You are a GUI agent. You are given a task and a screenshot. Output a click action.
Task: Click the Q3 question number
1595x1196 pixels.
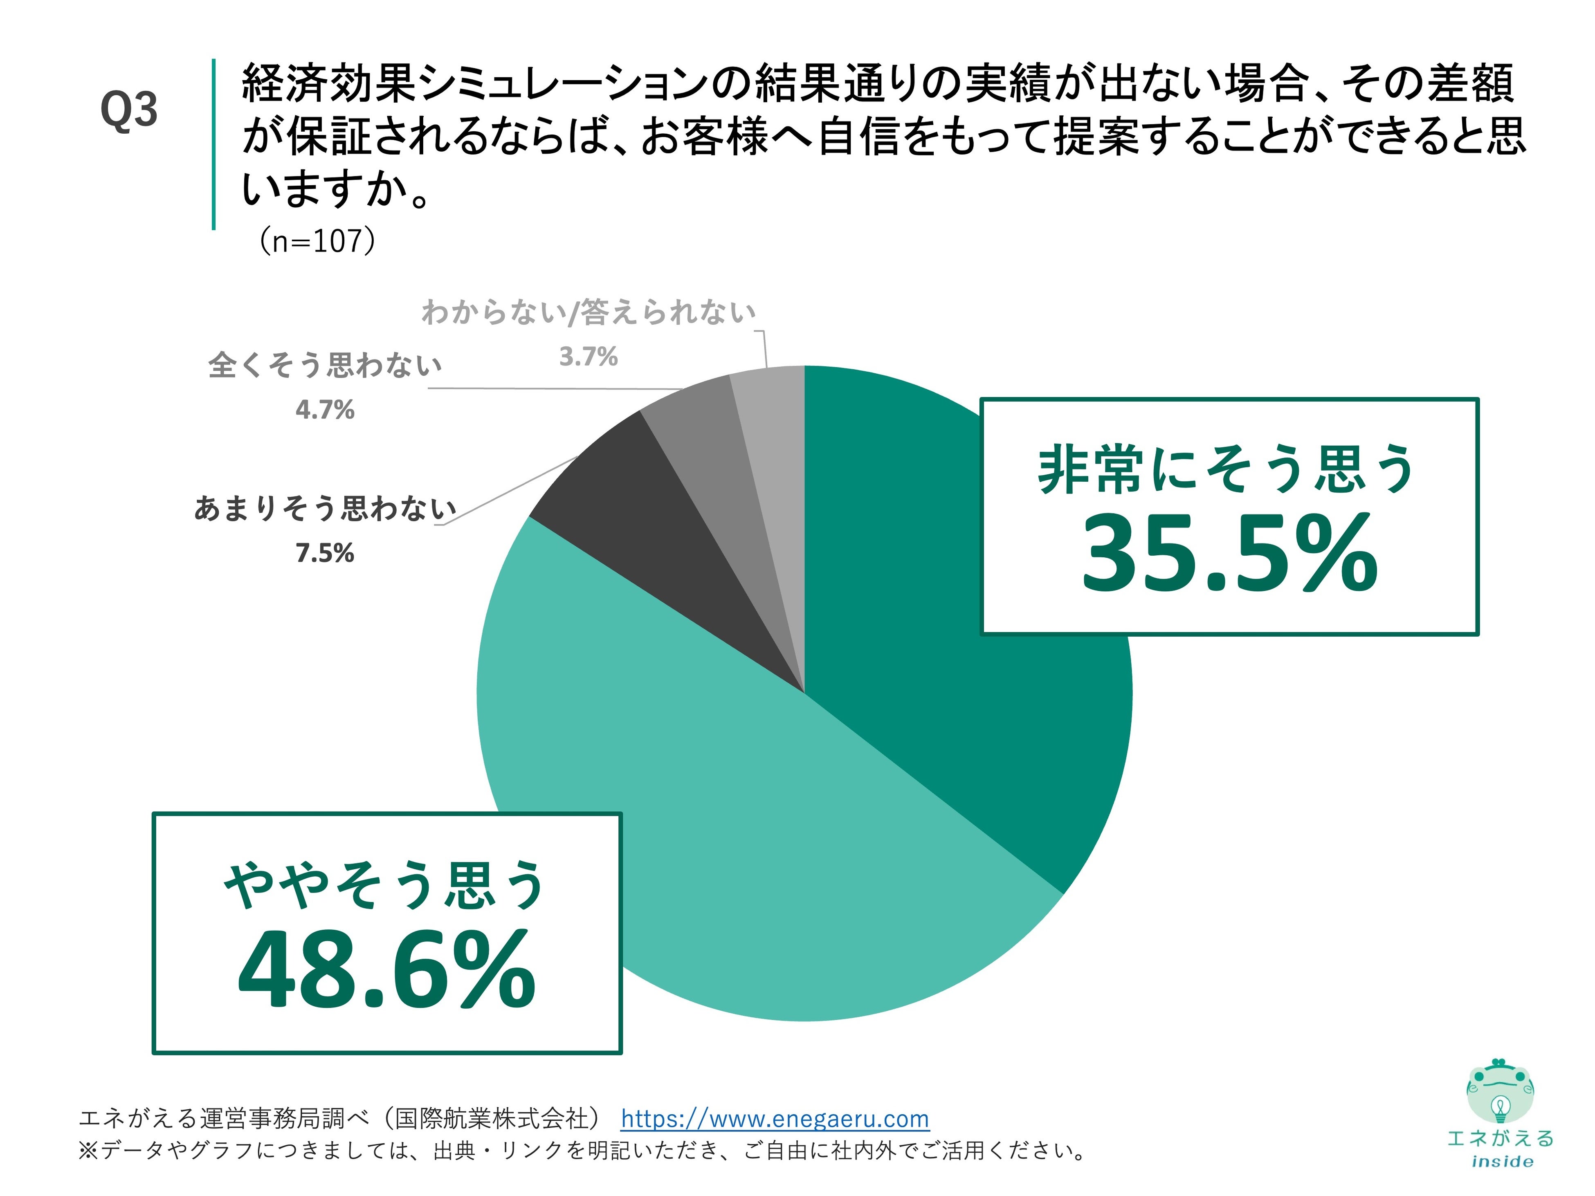pos(128,110)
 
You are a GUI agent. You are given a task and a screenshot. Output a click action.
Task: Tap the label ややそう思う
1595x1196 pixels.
pos(385,885)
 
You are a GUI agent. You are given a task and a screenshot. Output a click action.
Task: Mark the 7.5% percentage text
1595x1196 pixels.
pos(324,553)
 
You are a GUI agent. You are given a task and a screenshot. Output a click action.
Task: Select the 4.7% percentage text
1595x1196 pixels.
pos(324,409)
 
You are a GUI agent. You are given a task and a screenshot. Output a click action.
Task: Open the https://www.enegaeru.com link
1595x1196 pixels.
pos(775,1118)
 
